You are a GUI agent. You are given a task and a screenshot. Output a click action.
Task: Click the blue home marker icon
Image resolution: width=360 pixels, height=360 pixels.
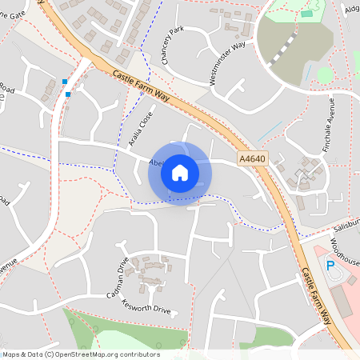180,173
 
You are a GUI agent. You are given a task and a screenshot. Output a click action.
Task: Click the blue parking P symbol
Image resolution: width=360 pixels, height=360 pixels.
330,265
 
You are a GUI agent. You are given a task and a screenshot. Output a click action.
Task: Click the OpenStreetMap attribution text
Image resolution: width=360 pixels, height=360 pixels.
81,354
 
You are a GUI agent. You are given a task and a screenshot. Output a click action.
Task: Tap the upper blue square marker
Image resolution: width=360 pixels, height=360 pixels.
65,81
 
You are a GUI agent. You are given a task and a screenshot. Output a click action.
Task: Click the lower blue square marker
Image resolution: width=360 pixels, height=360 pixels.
68,94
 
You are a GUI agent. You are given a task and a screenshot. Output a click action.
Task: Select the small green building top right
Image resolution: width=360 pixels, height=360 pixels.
307,14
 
